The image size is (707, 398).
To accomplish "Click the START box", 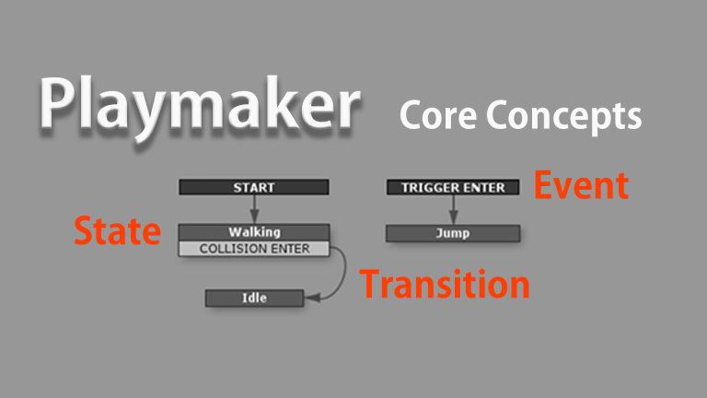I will coord(253,187).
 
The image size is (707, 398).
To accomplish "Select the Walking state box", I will coord(253,232).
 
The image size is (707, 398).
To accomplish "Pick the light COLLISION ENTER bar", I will coord(253,249).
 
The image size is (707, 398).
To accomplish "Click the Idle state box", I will coord(253,298).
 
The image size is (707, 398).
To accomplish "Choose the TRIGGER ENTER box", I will coord(453,187).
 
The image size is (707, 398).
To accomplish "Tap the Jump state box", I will coord(453,233).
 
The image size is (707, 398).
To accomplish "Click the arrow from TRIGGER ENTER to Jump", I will coord(453,209).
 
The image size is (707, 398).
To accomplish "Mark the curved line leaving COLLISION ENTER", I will coord(342,272).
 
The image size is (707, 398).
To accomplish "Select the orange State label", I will coord(117,231).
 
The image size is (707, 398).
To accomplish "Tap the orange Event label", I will coord(582,185).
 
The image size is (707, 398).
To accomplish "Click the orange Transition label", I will coord(445,284).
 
